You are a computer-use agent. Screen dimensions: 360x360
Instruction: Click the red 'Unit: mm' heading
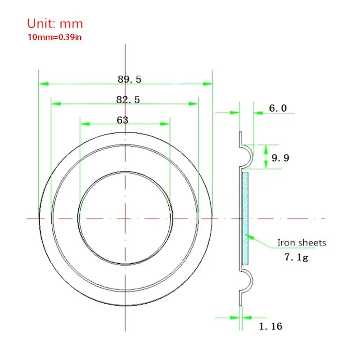click(55, 23)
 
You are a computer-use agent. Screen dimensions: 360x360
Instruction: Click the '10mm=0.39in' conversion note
click(54, 37)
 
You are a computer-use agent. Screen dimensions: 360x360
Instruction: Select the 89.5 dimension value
click(130, 79)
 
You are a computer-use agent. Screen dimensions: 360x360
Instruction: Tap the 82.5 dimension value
click(128, 100)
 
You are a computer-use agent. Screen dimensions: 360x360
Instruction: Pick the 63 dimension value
click(122, 120)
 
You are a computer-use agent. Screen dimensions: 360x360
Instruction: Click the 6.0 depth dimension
click(278, 108)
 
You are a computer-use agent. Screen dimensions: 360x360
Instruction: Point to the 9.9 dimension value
click(280, 157)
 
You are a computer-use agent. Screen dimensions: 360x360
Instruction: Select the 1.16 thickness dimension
click(270, 326)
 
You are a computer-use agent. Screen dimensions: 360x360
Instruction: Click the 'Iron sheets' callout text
click(301, 243)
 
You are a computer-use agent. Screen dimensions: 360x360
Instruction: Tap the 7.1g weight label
click(295, 258)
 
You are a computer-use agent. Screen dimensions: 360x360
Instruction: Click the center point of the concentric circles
click(126, 218)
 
